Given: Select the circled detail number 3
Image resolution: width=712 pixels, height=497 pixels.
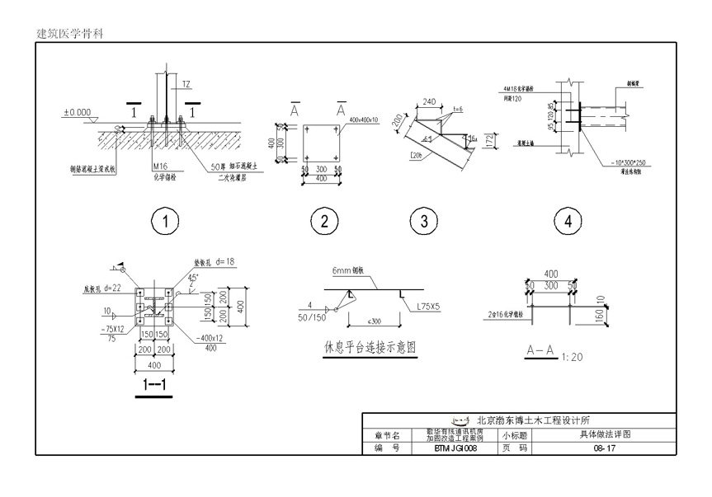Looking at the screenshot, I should tap(423, 221).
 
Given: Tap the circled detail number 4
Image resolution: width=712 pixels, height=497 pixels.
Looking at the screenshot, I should tap(567, 221).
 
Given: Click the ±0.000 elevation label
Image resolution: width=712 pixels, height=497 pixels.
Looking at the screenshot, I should tap(79, 112).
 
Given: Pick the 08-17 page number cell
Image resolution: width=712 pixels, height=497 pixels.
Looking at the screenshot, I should tap(604, 448).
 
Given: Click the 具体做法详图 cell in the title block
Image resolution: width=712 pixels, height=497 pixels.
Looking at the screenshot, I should tap(605, 434).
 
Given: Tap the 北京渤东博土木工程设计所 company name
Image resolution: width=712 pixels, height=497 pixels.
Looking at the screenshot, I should tap(536, 420).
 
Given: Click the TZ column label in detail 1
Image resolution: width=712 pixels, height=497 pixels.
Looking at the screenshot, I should tap(186, 85).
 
